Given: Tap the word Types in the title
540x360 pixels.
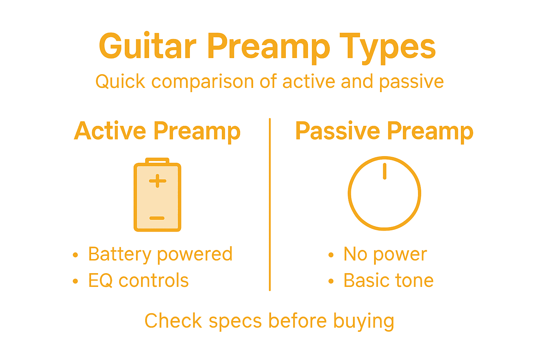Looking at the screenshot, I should point(387,47).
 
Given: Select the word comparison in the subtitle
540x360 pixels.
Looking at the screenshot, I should point(202,82).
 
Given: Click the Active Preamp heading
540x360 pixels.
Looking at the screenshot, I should point(157,131).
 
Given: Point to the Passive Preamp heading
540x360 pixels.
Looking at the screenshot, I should point(384,131).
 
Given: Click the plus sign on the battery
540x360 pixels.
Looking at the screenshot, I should point(157,181).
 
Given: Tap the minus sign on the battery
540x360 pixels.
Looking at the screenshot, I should point(157,218).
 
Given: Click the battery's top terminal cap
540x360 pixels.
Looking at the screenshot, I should point(157,161).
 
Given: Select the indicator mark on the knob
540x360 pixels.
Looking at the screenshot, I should point(385,171).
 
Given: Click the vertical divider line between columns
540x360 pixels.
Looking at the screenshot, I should point(270,204).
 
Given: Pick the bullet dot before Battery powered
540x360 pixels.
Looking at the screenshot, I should point(75,255).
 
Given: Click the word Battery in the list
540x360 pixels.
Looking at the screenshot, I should point(120,254).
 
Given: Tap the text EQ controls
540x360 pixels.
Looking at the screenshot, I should point(138,281).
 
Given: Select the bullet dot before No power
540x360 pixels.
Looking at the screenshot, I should point(330,255).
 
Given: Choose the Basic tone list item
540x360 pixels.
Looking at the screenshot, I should point(388,281).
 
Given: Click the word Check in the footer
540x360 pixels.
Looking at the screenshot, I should point(173,321).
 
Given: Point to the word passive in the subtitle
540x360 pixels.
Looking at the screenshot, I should point(411,82).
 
